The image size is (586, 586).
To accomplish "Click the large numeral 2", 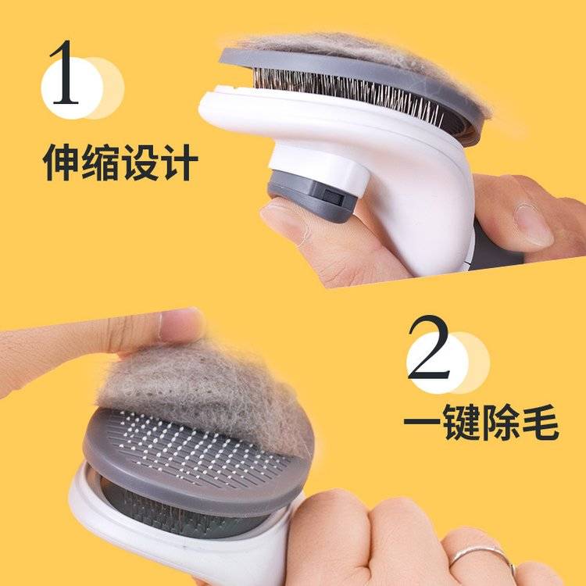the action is coord(429,348).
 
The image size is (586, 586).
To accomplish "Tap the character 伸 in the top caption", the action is coord(61,163).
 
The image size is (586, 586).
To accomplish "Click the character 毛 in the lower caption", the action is coord(541,422).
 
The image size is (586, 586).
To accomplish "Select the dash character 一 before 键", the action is coord(422,421).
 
